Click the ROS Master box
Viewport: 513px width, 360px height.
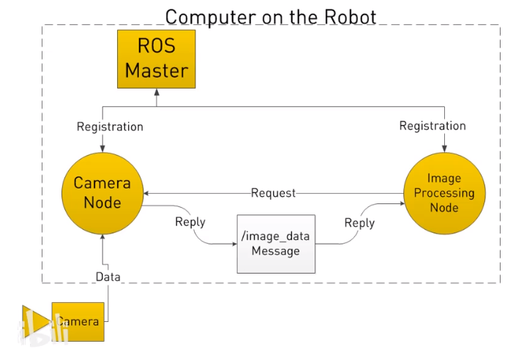pos(156,59)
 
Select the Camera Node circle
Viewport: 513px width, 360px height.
pos(102,192)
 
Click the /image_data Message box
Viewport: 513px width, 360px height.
pos(275,244)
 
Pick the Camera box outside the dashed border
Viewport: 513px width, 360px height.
pos(78,321)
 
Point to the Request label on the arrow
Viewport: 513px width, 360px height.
pos(273,193)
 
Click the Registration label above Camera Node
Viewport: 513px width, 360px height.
pos(110,127)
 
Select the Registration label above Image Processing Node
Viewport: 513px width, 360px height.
pos(433,126)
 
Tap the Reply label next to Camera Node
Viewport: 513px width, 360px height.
pos(190,222)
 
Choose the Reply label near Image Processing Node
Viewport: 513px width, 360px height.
pos(359,222)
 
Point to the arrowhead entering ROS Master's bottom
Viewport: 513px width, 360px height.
pos(157,92)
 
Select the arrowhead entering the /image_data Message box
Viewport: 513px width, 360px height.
pos(232,244)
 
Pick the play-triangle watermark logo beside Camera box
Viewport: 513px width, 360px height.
pos(35,320)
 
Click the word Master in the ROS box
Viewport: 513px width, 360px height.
pos(156,71)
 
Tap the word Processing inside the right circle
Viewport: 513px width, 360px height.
pos(444,193)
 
